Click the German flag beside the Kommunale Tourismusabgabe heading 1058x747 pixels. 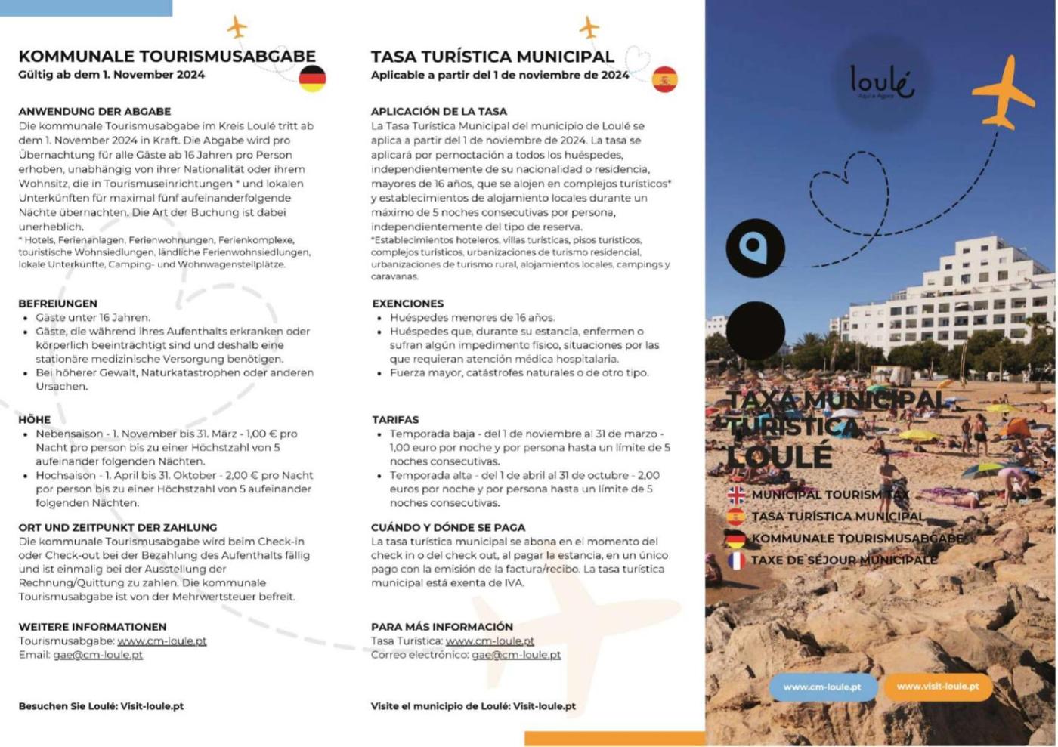(x=312, y=79)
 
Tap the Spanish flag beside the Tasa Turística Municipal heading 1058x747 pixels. (x=665, y=79)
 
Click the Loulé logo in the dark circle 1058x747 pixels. (x=881, y=82)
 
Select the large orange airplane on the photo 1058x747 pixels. (x=1003, y=92)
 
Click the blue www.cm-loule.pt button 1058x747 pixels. (x=822, y=687)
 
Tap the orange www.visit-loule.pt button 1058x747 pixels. (x=938, y=687)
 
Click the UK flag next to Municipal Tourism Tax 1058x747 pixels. (x=735, y=495)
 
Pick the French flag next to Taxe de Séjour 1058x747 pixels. (x=735, y=560)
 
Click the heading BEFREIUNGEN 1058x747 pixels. (x=57, y=304)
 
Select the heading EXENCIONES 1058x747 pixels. (x=407, y=304)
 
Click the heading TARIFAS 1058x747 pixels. (x=394, y=420)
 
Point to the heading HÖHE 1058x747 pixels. (x=35, y=420)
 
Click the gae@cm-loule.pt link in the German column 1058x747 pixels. (x=97, y=655)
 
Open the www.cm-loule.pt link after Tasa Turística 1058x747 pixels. (x=490, y=641)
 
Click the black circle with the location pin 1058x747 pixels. (x=755, y=248)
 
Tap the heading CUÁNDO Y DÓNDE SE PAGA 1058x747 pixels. (x=447, y=528)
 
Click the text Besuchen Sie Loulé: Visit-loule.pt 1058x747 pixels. (x=101, y=707)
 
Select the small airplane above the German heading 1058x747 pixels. (x=237, y=27)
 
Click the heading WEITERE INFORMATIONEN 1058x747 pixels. (x=92, y=627)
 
